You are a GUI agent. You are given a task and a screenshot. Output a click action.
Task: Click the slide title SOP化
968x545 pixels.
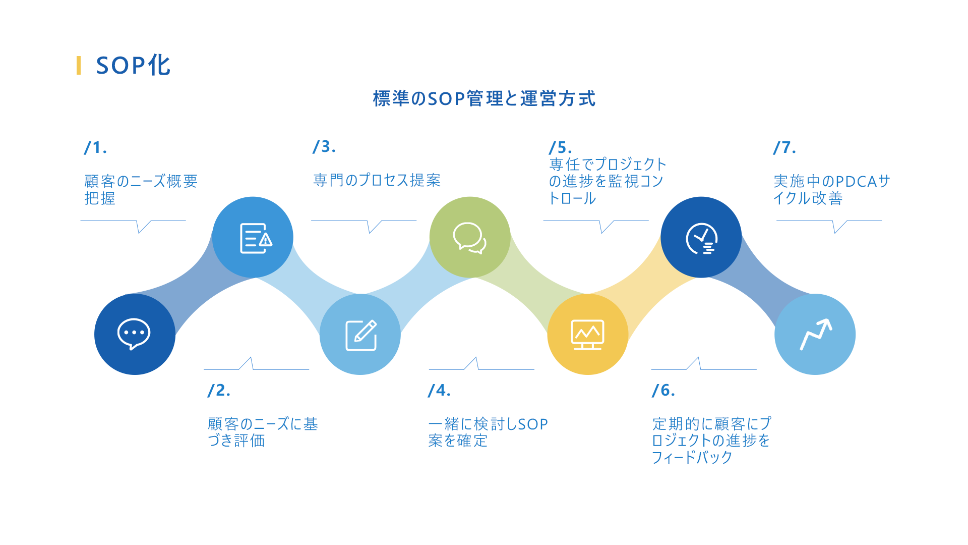click(x=133, y=66)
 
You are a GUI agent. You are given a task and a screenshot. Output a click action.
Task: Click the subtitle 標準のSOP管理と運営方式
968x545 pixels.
click(x=484, y=98)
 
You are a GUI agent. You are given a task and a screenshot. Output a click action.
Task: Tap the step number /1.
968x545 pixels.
click(x=95, y=147)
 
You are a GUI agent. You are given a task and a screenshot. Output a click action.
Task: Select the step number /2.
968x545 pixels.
click(x=219, y=390)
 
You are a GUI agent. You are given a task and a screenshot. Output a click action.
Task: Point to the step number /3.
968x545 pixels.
click(x=324, y=146)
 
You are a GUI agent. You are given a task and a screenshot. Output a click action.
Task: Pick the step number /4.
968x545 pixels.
click(x=439, y=390)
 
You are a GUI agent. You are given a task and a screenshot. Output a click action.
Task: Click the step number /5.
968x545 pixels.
click(x=560, y=147)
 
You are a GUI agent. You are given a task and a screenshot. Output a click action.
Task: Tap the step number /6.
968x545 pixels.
click(x=663, y=390)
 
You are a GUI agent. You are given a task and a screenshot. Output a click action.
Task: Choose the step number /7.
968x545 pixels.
click(x=784, y=147)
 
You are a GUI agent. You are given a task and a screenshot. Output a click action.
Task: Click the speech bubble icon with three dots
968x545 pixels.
click(x=134, y=334)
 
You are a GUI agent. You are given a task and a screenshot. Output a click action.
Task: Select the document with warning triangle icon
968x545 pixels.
click(x=256, y=238)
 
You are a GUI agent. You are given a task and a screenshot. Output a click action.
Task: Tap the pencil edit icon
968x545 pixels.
click(x=361, y=335)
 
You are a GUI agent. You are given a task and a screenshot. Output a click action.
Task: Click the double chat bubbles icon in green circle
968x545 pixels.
click(x=469, y=238)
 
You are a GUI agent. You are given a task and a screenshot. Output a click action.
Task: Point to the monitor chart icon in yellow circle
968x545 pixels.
click(x=587, y=335)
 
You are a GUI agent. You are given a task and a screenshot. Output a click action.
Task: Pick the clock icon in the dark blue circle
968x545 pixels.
click(x=701, y=238)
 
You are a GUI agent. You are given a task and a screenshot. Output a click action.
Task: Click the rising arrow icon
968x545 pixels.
click(x=816, y=334)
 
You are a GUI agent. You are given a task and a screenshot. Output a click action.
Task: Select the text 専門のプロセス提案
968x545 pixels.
click(x=377, y=180)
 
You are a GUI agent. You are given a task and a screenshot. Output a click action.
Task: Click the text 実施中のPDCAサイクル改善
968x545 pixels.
click(x=832, y=190)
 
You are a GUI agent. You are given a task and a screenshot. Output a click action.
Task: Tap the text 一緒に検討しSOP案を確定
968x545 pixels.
click(x=488, y=432)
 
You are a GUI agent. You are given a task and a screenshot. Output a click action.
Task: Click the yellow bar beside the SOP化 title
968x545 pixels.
click(x=79, y=66)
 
